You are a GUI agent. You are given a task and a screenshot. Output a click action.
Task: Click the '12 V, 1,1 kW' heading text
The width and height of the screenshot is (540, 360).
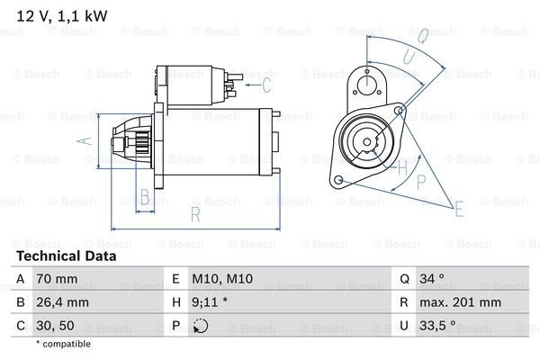point(62,16)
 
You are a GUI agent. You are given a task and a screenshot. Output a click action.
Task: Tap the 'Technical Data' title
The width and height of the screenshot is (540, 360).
point(67,256)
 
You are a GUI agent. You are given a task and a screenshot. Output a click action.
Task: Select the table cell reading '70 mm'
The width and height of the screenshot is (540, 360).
point(57,278)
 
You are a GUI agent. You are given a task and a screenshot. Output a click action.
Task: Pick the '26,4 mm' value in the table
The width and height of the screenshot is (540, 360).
point(62,302)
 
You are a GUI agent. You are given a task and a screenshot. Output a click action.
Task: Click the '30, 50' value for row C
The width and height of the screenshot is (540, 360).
point(55,326)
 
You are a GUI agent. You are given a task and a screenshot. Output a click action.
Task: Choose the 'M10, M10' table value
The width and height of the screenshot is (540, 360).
point(222,278)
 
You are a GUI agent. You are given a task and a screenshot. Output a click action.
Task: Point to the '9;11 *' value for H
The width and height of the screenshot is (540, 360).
point(210,302)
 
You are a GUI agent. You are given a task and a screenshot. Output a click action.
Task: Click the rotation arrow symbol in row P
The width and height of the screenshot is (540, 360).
point(201,326)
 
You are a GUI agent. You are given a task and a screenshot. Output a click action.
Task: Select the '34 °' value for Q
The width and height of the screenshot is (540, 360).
point(431,278)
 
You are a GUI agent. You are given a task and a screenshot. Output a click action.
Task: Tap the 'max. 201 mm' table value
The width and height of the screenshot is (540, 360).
point(460,302)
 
